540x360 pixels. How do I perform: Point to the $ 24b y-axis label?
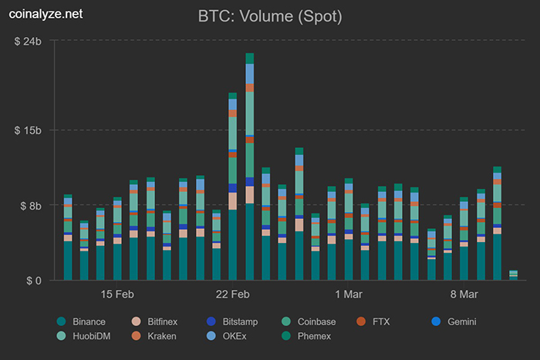click(x=28, y=41)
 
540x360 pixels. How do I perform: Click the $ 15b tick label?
click(x=28, y=130)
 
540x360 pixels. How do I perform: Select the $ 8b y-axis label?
click(x=31, y=206)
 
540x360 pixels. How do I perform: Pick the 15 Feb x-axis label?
click(x=117, y=294)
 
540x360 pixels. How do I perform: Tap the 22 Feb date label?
click(x=233, y=294)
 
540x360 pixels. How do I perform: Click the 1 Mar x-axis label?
click(x=349, y=294)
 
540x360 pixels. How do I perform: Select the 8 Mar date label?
click(x=464, y=294)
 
